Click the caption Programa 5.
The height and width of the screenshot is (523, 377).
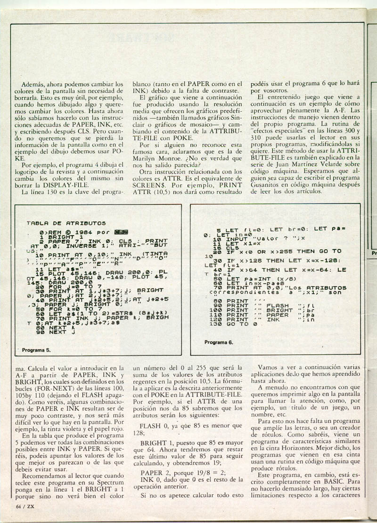(x=36, y=350)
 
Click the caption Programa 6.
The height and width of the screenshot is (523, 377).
(x=219, y=342)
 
